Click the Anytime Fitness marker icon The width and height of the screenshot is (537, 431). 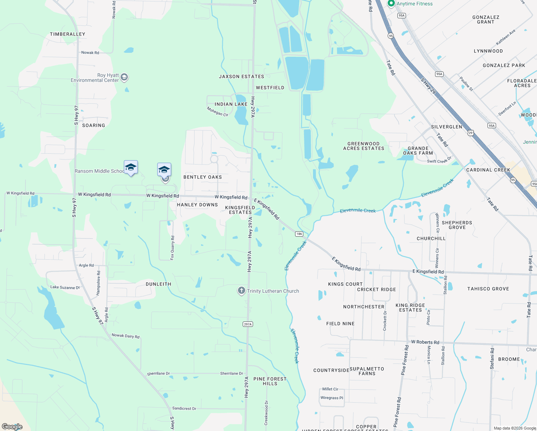[391, 3]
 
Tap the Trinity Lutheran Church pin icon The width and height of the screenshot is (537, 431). [242, 291]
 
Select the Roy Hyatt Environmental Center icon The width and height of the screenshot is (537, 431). [124, 77]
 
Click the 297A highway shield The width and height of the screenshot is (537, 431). [248, 324]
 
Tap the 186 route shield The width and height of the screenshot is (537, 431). [299, 234]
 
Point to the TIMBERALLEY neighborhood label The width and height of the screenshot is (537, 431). [67, 34]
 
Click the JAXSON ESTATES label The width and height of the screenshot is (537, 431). [242, 77]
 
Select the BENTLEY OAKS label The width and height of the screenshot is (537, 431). [202, 177]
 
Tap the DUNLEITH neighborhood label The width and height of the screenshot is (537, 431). [158, 284]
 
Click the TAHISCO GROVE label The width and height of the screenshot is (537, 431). [488, 289]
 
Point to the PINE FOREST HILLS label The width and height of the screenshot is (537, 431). [270, 381]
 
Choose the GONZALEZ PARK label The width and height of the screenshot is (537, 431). [504, 65]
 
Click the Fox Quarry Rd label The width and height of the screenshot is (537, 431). [173, 248]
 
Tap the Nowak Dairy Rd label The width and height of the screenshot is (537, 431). [126, 336]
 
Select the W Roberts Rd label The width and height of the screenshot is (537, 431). [425, 342]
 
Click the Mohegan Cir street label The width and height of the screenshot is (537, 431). [218, 112]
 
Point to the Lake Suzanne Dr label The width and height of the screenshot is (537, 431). [65, 287]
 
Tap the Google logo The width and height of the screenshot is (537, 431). [12, 426]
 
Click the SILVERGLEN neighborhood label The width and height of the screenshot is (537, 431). [447, 127]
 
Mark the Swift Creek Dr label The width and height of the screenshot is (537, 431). [439, 160]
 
